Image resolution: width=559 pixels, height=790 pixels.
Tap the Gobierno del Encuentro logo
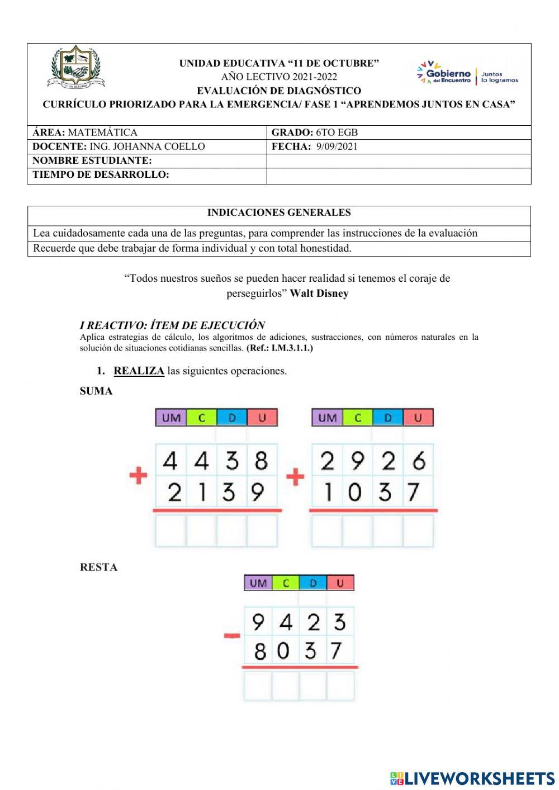[467, 74]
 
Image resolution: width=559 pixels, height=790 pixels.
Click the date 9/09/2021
[337, 146]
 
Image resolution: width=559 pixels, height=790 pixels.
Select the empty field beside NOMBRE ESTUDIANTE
[398, 161]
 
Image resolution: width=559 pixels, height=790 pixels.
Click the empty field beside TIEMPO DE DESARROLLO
[398, 176]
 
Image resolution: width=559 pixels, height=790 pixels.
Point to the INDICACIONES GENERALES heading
[279, 212]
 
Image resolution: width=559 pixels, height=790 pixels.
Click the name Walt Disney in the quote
[319, 294]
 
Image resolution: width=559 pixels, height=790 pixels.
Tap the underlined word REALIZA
[139, 371]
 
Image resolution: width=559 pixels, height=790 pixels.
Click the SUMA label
[96, 391]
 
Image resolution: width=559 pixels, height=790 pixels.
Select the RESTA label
[98, 567]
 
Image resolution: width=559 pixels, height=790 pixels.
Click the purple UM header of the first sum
[170, 418]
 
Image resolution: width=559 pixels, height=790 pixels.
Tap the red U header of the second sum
[418, 418]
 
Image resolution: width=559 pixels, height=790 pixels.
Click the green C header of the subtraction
[286, 583]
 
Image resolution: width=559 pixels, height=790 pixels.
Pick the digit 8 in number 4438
[261, 461]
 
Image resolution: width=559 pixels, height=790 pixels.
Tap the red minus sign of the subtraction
[232, 636]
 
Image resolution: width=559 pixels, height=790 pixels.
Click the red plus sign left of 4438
[138, 476]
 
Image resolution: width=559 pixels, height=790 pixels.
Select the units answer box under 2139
[262, 531]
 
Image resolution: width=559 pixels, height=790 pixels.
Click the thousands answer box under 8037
[258, 685]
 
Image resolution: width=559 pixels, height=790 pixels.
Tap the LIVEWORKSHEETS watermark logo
[472, 778]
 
